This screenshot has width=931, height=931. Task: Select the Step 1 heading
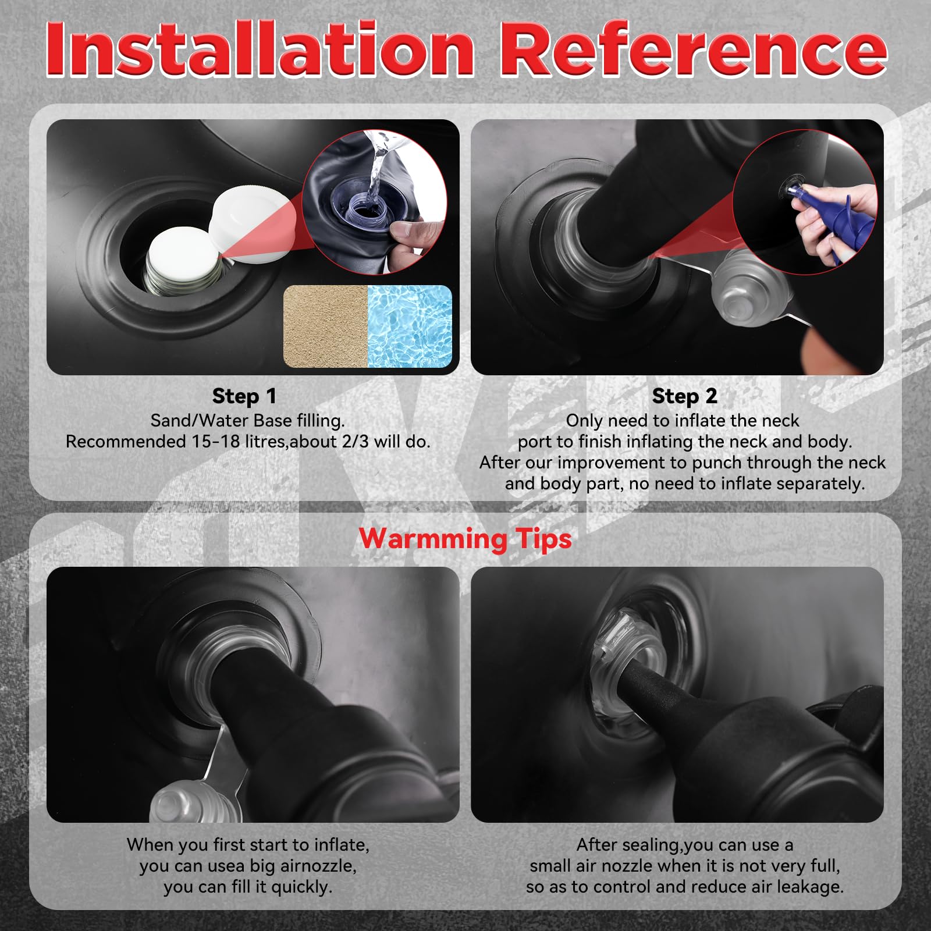click(244, 396)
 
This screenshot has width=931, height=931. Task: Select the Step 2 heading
click(684, 396)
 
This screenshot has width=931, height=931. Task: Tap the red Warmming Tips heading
click(465, 538)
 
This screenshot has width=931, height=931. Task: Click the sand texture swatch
click(326, 326)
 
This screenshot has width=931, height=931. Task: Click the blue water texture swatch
click(410, 326)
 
